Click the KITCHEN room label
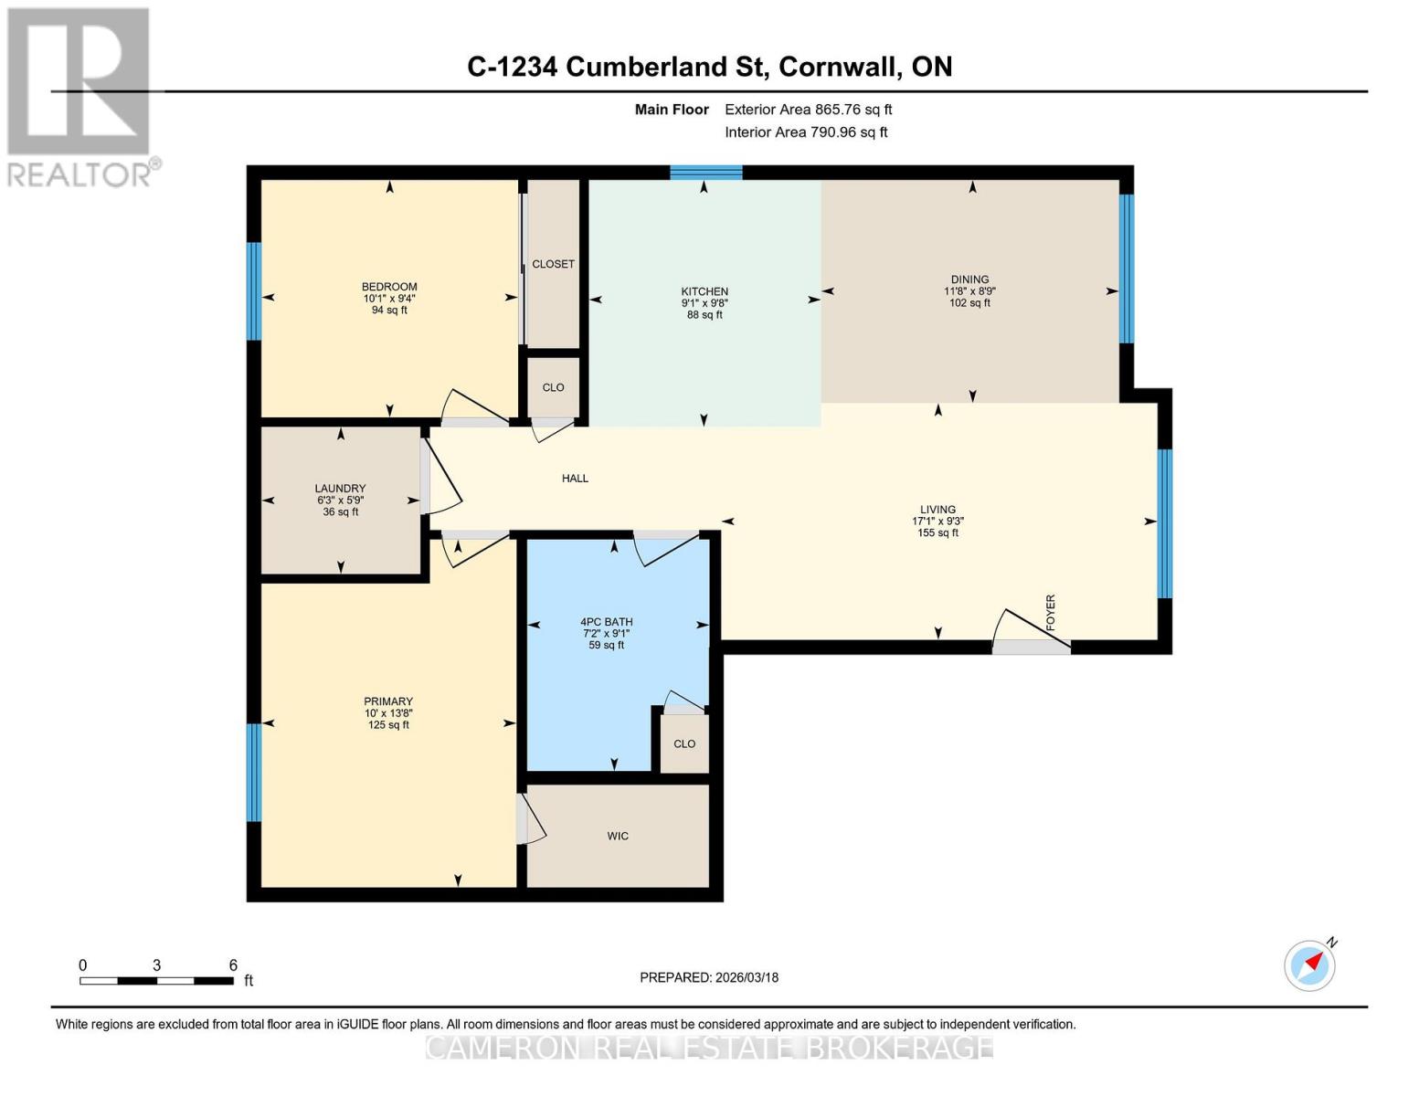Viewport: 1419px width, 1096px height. click(x=704, y=291)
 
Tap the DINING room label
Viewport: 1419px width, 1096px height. click(x=969, y=279)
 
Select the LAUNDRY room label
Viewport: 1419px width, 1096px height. click(x=340, y=489)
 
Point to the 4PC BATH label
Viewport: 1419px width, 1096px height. click(x=607, y=622)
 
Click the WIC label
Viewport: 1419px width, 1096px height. click(x=618, y=836)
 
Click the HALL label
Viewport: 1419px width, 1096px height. click(x=575, y=478)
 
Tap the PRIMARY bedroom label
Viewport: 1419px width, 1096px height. click(x=388, y=702)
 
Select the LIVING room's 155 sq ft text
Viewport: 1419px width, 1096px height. click(x=938, y=533)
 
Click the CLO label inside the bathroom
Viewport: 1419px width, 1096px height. click(x=684, y=743)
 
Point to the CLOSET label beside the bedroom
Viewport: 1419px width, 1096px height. click(x=553, y=264)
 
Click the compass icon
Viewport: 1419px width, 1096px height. click(x=1309, y=964)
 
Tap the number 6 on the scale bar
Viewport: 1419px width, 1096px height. click(x=233, y=965)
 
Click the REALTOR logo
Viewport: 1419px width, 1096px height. click(x=80, y=97)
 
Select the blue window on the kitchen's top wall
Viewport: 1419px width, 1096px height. click(x=706, y=172)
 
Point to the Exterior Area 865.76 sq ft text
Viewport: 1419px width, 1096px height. click(x=808, y=110)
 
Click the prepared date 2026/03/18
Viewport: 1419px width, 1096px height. click(x=747, y=977)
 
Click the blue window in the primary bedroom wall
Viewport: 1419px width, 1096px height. click(x=254, y=772)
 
